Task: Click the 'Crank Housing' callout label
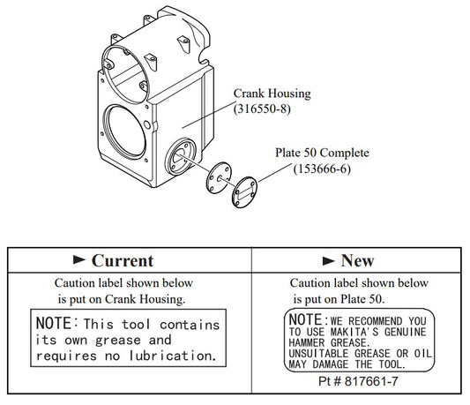click(272, 93)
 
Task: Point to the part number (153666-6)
click(320, 169)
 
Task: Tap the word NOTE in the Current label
click(56, 324)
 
